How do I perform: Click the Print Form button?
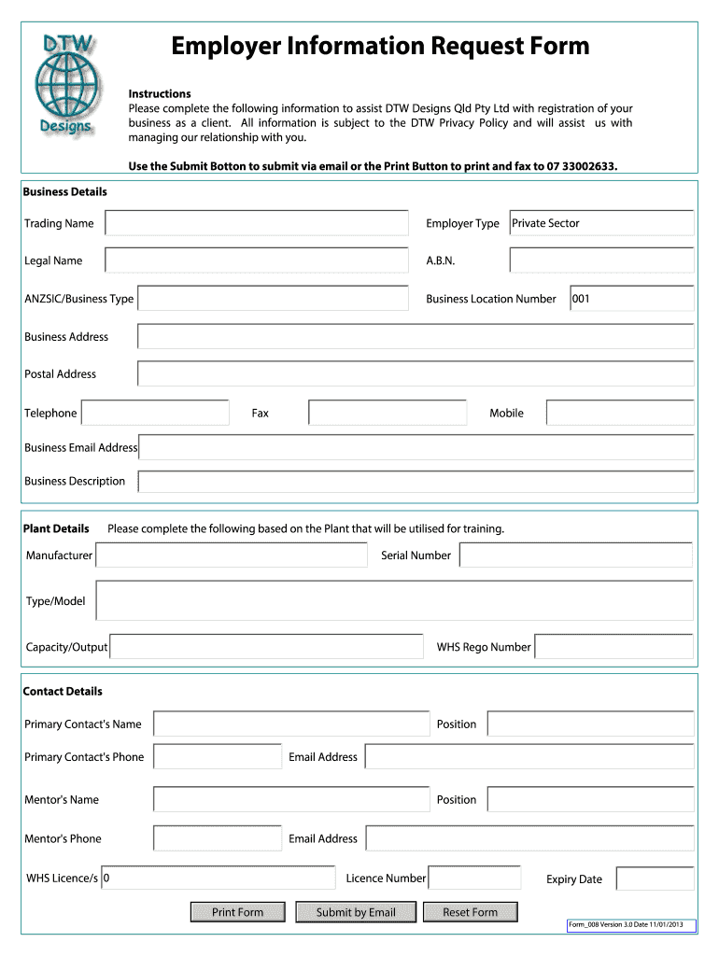[x=237, y=912]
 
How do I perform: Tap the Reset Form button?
[x=470, y=912]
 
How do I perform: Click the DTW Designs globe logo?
[x=65, y=82]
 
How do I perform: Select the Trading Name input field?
[x=257, y=223]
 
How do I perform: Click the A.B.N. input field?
[x=601, y=260]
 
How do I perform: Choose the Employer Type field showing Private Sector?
[x=601, y=223]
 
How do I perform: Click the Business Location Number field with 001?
[x=631, y=299]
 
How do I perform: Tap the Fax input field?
[x=388, y=413]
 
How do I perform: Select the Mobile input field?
[x=620, y=413]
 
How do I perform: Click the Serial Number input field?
[x=575, y=555]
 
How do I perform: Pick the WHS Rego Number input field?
[x=613, y=647]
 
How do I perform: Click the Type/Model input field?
[x=394, y=600]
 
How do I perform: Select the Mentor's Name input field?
[x=291, y=799]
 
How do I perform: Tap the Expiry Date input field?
[x=655, y=879]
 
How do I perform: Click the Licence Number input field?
[x=473, y=878]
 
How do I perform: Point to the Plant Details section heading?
[x=56, y=528]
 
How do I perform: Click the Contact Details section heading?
[x=63, y=691]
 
